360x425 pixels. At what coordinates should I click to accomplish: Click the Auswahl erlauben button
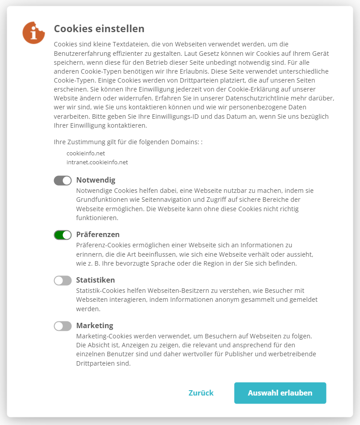280,393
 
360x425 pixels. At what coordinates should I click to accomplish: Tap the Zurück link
201,393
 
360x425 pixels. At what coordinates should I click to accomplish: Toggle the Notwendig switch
63,180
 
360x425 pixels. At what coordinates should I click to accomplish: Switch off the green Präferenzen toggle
63,235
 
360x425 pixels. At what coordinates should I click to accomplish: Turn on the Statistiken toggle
63,280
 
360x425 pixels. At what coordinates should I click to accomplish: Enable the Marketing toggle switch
63,326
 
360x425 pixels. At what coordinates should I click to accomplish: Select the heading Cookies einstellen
99,29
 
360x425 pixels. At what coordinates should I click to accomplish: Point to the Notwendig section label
96,180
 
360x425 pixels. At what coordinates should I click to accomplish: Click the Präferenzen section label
98,235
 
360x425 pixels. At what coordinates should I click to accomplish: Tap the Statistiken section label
96,280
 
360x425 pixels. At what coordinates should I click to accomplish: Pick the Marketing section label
95,326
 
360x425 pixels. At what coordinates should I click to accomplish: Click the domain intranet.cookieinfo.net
97,162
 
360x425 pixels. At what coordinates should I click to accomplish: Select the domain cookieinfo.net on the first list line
85,153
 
